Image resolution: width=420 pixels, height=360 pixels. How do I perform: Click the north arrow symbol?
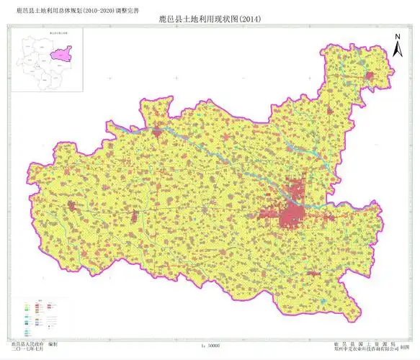[x=397, y=50]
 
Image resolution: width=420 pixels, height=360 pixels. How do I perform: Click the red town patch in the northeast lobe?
[x=371, y=75]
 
